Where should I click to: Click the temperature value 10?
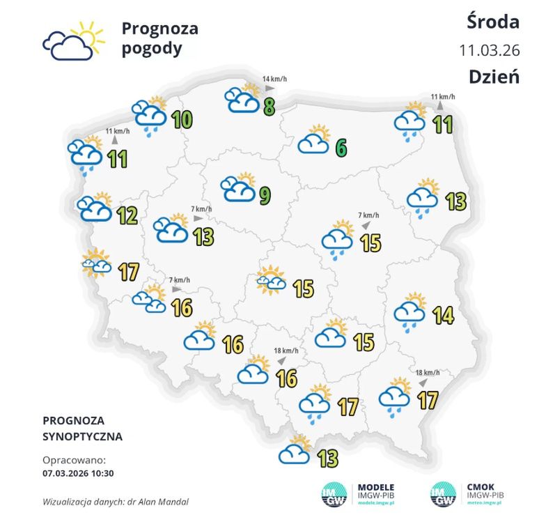click(182, 120)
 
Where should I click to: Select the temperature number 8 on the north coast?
click(267, 107)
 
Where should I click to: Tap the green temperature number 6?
click(341, 148)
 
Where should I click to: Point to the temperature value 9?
click(265, 197)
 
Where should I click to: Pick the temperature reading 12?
click(127, 216)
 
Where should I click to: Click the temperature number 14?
click(442, 316)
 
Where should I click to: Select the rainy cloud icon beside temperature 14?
click(411, 311)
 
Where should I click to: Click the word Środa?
click(492, 22)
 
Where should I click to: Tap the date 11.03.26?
click(489, 50)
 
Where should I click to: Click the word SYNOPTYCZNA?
click(82, 437)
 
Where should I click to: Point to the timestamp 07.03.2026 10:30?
click(78, 473)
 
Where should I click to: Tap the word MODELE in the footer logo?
click(376, 487)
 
